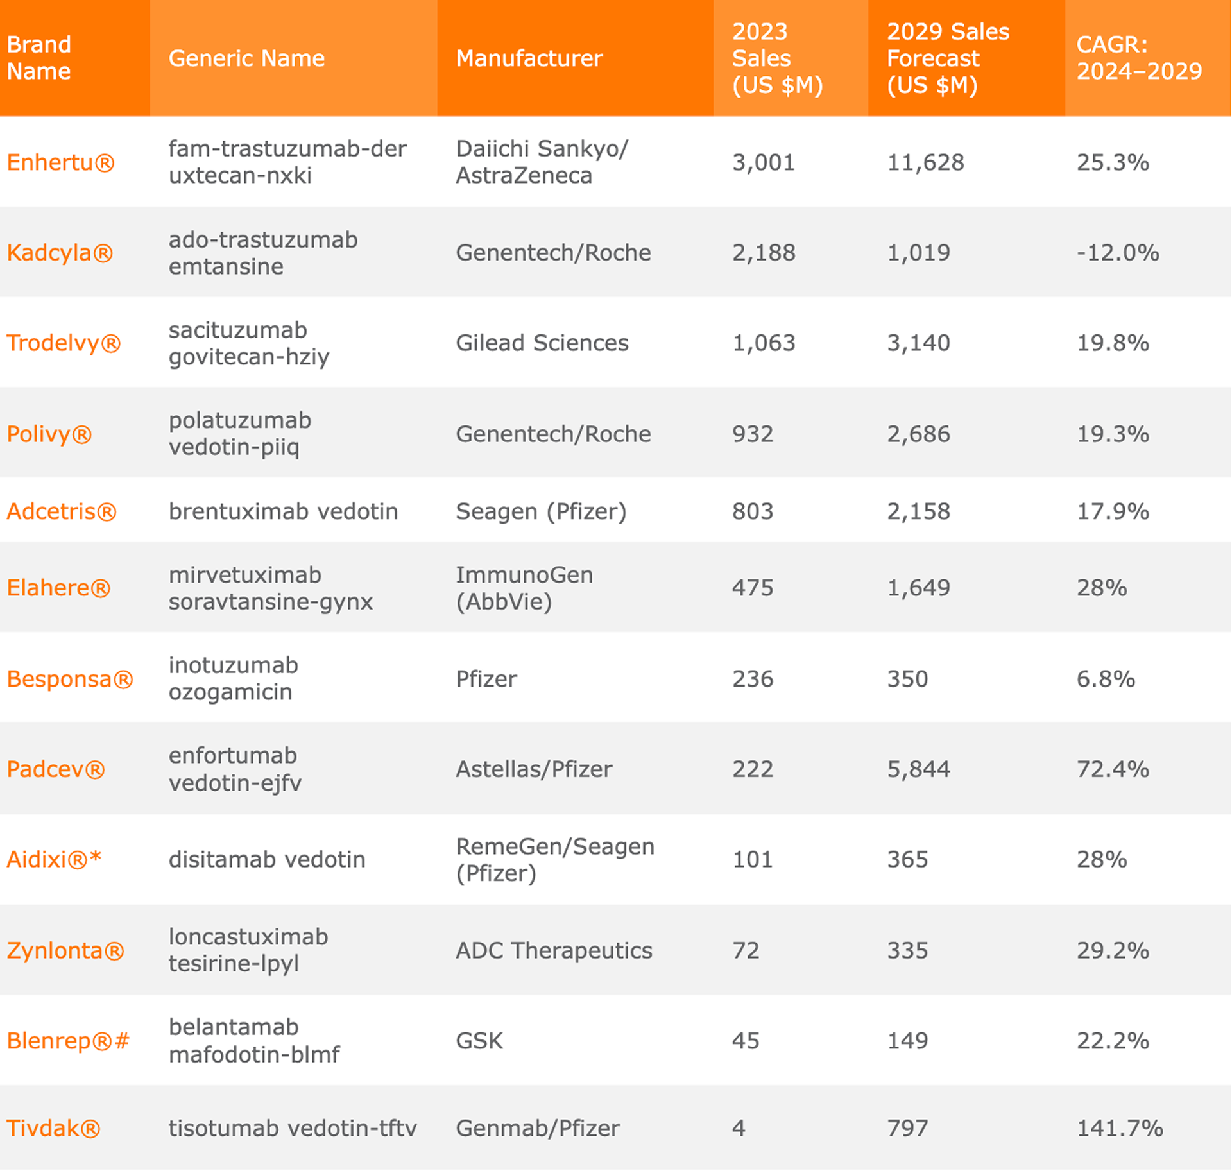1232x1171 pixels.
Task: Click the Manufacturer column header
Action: [529, 58]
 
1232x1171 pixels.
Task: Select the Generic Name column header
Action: [246, 58]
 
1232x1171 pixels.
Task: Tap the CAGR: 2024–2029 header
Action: [1139, 58]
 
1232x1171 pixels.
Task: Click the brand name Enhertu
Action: [60, 162]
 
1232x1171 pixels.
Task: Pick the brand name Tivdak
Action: [53, 1127]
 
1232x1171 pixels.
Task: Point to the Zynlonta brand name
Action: [65, 950]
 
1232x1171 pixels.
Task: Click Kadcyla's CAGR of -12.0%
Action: [1118, 252]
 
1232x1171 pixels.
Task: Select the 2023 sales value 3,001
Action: [764, 162]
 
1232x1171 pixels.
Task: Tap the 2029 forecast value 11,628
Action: [925, 162]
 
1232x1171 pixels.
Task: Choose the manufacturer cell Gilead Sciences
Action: [542, 343]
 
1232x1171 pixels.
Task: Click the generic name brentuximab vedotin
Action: [283, 511]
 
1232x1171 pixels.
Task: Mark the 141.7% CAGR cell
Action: [1120, 1127]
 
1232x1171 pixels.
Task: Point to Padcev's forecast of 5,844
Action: [918, 769]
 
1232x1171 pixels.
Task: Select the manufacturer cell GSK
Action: [479, 1040]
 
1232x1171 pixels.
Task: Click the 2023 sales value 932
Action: [753, 434]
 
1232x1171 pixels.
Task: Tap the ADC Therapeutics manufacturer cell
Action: [554, 950]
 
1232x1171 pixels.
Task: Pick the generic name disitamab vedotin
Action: [267, 859]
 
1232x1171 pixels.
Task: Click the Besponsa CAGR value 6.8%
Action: [1106, 678]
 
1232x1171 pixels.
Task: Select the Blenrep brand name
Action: [68, 1040]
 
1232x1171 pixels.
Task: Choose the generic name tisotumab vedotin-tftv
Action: [293, 1127]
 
